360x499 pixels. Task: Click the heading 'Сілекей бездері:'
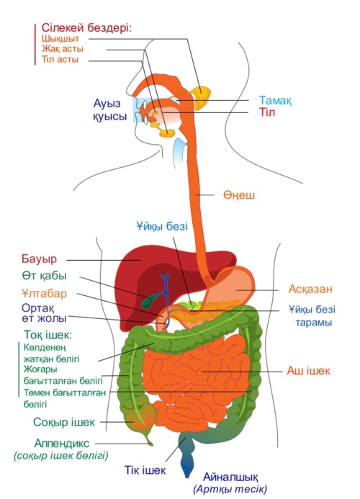[86, 28]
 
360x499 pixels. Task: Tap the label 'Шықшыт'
[60, 39]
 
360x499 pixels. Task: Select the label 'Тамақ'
[275, 101]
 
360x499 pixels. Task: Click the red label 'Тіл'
[266, 112]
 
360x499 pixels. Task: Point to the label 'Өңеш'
[239, 194]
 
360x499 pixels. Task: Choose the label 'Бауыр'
[39, 259]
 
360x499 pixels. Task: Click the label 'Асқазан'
[310, 289]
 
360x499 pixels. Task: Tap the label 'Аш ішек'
[308, 371]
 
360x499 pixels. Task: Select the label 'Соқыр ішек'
[64, 422]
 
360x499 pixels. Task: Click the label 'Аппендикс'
[62, 443]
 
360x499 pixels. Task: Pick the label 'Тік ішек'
[145, 469]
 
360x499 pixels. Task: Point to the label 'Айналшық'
[230, 477]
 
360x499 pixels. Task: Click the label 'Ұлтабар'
[44, 293]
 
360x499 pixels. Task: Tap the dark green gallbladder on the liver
[150, 301]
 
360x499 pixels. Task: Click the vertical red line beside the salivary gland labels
[35, 44]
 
